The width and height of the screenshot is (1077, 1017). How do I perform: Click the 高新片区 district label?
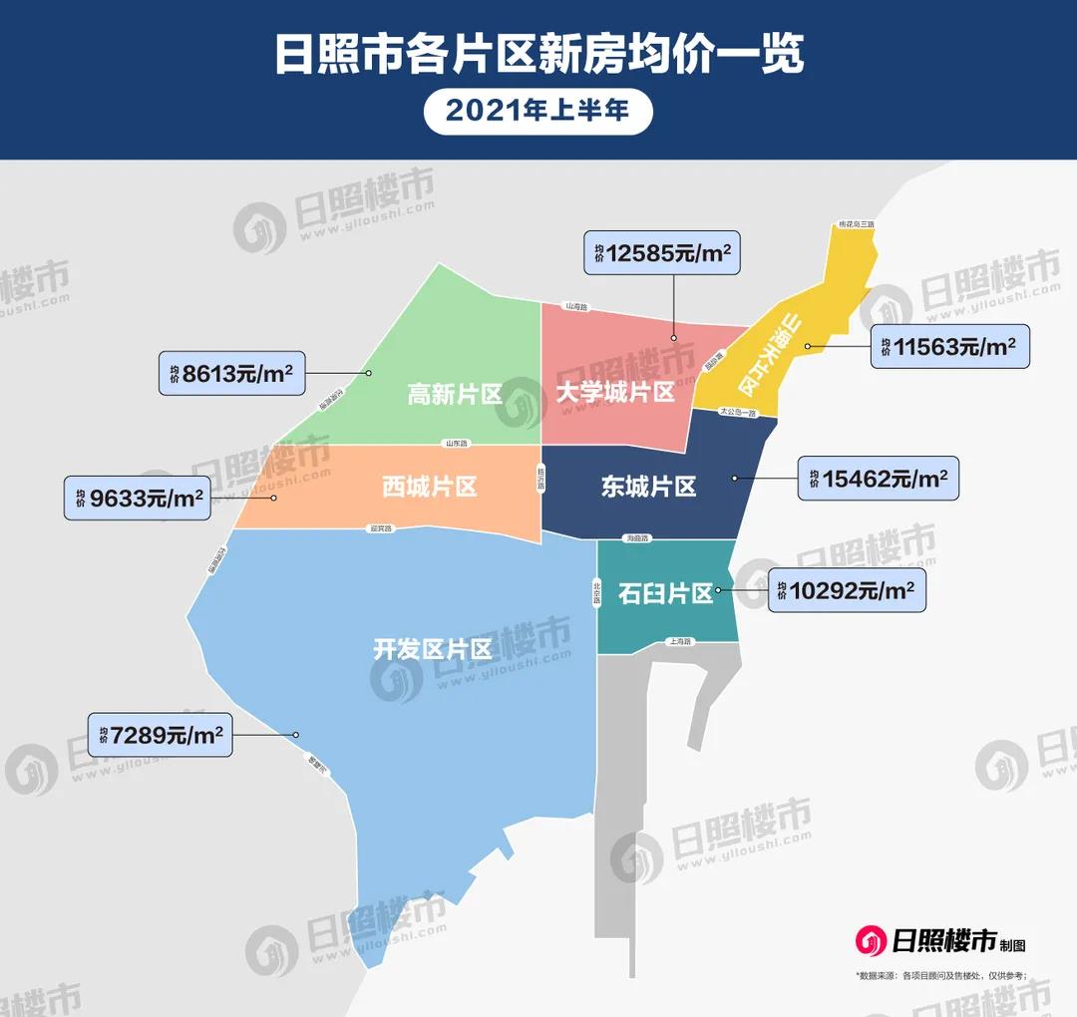(455, 394)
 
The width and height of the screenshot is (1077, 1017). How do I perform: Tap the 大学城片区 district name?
(615, 392)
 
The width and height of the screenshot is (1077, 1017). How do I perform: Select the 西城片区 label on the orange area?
(430, 487)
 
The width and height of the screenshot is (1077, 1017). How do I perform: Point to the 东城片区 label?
(648, 487)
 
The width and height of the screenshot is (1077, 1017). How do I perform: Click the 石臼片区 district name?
(666, 594)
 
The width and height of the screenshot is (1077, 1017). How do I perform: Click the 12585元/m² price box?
(664, 255)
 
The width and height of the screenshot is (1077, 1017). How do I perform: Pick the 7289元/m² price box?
(160, 736)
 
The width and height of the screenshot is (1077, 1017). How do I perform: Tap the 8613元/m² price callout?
(231, 373)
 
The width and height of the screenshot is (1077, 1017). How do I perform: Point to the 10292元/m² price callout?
(847, 589)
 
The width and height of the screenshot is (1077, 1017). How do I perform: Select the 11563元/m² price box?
(948, 347)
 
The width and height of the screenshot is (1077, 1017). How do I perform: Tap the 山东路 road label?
(457, 443)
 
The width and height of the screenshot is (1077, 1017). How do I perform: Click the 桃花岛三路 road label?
(856, 225)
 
